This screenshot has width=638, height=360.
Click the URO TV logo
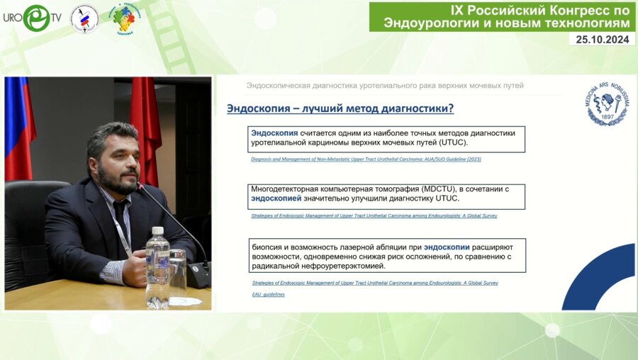[x=31, y=18]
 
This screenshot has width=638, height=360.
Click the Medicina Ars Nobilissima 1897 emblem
[x=608, y=104]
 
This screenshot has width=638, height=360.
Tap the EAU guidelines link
[x=268, y=294]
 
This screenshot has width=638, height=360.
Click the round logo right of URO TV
[x=84, y=18]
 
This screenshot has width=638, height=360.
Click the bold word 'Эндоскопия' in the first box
[x=274, y=133]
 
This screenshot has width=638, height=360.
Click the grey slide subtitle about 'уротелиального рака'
[x=385, y=86]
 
